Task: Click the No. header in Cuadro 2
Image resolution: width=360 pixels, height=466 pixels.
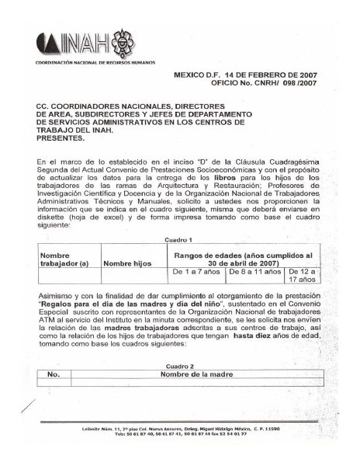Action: coord(54,374)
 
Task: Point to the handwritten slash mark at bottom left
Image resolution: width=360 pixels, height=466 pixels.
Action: coord(28,405)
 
